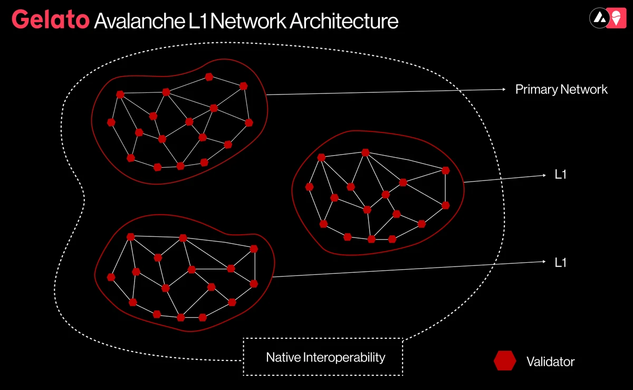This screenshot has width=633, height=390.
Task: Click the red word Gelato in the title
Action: coord(50,20)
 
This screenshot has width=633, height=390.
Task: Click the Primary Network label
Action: coord(561,89)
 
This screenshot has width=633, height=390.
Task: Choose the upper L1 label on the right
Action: coord(560,175)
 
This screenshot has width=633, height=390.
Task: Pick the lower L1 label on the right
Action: coord(560,262)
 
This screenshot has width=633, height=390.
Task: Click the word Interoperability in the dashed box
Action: coord(344,357)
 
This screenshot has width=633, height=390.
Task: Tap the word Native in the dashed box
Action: coord(283,357)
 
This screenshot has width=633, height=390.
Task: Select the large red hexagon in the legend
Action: coord(505,361)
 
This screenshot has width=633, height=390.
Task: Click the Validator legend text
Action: coord(550,362)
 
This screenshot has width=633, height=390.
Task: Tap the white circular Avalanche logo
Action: coord(598,17)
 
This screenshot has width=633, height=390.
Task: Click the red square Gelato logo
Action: coord(616,17)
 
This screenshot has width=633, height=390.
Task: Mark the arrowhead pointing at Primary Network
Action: coord(504,89)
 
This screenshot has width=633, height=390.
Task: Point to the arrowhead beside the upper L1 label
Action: coord(544,175)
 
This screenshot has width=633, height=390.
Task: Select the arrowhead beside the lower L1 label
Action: coord(544,261)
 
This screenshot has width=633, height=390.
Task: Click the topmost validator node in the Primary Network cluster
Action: coord(209,77)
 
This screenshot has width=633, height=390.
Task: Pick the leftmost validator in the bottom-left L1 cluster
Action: coord(111,277)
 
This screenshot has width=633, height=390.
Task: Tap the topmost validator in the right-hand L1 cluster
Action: coord(365,153)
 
